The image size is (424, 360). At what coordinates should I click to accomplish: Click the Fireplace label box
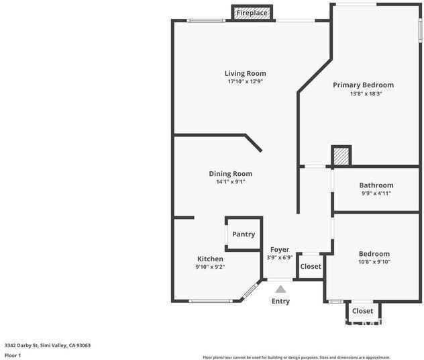coord(252,13)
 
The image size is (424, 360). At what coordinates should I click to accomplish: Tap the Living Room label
coord(245,73)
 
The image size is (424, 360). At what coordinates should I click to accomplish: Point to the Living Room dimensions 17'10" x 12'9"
coord(245,82)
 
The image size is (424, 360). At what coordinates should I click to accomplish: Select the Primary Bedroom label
coord(363,85)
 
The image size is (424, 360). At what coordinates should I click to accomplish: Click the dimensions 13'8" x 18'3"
coord(363,94)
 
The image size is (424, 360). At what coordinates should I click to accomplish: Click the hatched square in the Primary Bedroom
coord(341,156)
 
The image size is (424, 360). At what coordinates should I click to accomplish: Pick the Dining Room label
coord(230,173)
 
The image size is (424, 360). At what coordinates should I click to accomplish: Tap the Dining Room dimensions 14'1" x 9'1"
coord(230,182)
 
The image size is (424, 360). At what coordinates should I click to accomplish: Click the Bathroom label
coord(376,185)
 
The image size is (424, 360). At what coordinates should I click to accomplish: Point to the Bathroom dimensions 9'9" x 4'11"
coord(376,193)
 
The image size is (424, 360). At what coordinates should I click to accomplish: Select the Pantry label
coord(244,234)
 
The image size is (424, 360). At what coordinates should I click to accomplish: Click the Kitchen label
coord(210,259)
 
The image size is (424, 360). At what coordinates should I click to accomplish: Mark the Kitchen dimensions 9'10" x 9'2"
coord(210,267)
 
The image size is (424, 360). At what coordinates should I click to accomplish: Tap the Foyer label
coord(280,249)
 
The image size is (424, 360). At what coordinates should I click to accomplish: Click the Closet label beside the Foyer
coord(311,267)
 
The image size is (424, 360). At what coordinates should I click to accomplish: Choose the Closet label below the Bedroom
coord(362,311)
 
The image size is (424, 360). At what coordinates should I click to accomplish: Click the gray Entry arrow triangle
coord(280,289)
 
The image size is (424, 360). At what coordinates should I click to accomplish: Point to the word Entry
coord(280,301)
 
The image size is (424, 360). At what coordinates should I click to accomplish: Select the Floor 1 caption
coord(13,355)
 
